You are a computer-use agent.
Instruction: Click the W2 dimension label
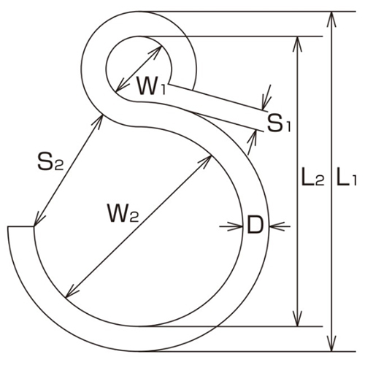click(123, 214)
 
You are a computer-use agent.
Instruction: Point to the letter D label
click(255, 226)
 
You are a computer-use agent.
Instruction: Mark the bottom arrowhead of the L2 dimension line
click(296, 322)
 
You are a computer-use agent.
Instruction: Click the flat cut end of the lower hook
click(20, 228)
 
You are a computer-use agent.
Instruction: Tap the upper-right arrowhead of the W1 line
click(161, 49)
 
